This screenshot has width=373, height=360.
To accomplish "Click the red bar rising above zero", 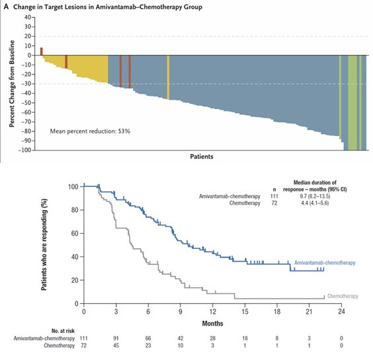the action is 42,52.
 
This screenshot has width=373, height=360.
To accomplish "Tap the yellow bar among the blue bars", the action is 168,77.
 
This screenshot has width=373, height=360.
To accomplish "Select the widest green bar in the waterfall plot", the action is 352,102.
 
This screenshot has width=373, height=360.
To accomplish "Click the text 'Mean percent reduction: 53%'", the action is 90,131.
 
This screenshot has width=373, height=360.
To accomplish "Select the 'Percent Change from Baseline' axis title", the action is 12,84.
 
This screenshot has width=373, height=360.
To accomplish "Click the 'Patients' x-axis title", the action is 202,157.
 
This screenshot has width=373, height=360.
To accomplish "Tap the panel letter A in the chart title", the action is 6,7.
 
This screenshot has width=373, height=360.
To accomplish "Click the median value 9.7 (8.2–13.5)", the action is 315,196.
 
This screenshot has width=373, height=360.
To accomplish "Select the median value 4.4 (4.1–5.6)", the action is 315,203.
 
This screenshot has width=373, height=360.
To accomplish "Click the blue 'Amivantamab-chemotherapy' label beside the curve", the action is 325,263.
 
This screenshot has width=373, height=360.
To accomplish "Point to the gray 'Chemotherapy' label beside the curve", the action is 343,296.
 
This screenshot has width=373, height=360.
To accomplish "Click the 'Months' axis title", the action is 213,324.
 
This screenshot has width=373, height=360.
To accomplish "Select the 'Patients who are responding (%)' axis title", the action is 44,244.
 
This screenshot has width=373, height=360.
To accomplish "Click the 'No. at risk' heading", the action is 63,331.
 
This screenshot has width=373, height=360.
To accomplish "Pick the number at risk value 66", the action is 148,338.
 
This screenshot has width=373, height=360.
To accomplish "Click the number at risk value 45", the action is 116,345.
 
